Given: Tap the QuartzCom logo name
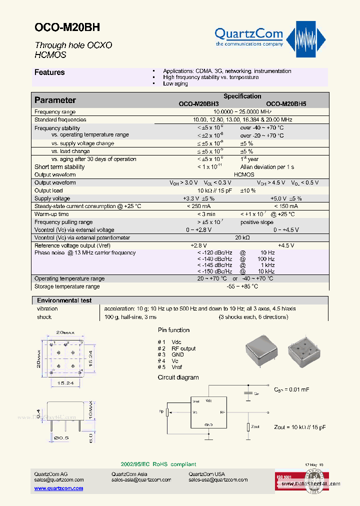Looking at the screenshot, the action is click(x=248, y=34).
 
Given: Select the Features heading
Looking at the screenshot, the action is click(x=49, y=72).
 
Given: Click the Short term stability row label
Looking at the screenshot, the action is click(x=59, y=167).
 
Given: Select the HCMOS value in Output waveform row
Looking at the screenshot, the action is click(x=244, y=175).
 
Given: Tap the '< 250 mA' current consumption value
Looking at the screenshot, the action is click(x=198, y=206).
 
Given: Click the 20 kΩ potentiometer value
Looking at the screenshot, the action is click(x=242, y=238).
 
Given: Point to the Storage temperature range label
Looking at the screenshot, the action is click(x=67, y=286).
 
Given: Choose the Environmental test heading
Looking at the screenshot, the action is click(x=64, y=300).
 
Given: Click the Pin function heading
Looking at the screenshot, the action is click(x=173, y=330).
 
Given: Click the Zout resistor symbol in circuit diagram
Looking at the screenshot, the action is click(x=247, y=427).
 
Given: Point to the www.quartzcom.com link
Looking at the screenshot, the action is click(x=58, y=488).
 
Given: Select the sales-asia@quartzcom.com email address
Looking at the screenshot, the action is click(x=141, y=480).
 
